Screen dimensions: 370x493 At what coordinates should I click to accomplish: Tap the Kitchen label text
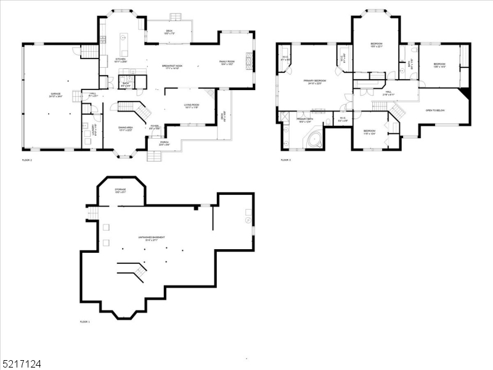click(121, 60)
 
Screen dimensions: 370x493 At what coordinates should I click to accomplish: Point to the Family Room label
click(227, 62)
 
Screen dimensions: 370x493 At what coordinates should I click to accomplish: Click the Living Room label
click(192, 106)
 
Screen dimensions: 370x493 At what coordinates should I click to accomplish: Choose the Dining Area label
click(126, 128)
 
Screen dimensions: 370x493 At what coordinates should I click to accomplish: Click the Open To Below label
click(435, 110)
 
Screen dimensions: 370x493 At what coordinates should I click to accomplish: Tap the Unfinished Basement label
click(152, 238)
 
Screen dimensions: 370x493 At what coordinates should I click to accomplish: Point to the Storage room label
click(120, 190)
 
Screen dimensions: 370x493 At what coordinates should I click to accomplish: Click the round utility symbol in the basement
click(248, 219)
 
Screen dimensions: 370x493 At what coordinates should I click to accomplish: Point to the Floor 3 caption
click(286, 160)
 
